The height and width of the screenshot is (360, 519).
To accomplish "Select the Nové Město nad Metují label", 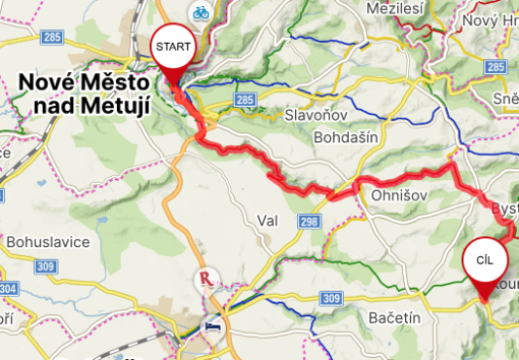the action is tap(84, 94).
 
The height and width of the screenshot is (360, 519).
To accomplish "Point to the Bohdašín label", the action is tap(345, 138).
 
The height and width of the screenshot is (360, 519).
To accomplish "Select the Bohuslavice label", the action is tap(48, 240).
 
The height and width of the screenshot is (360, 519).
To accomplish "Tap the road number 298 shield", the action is tap(310, 224).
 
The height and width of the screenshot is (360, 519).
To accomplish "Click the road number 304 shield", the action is tap(7, 289).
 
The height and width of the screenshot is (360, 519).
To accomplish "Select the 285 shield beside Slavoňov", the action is tap(245, 100).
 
